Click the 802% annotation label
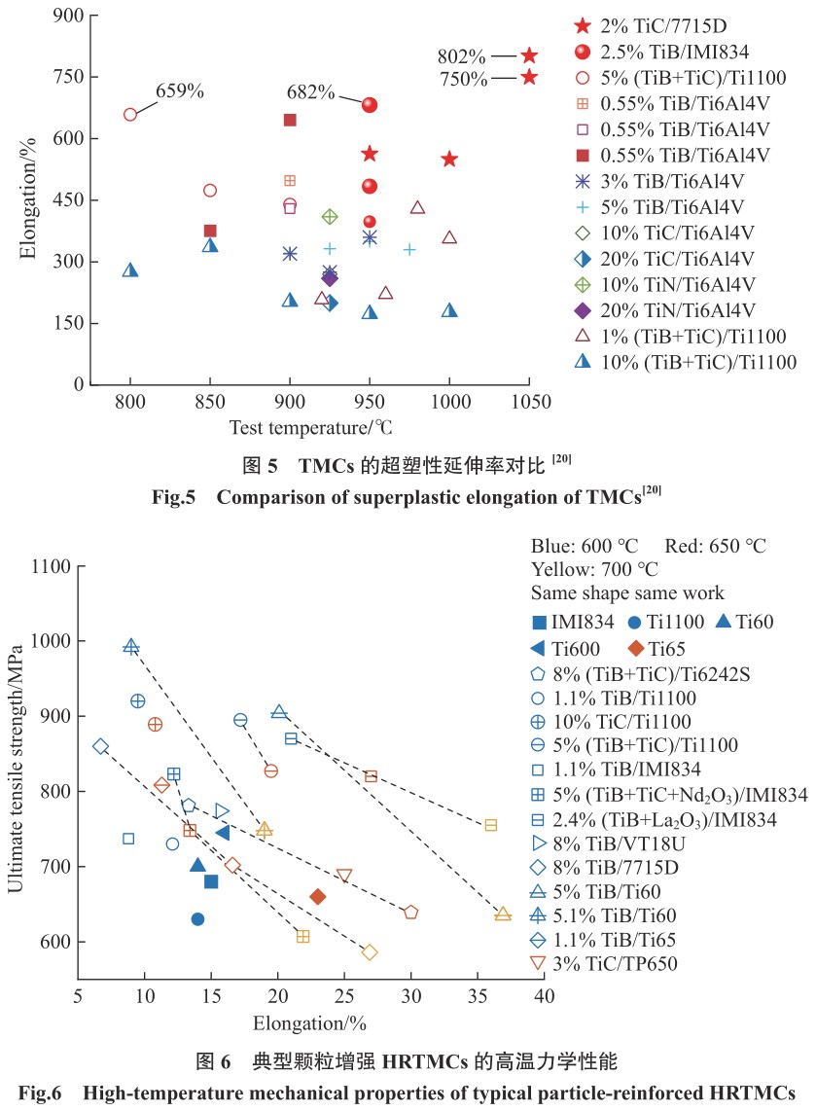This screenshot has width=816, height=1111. (x=462, y=56)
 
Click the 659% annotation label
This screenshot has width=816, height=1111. (x=181, y=91)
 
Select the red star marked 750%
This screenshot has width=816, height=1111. (x=529, y=77)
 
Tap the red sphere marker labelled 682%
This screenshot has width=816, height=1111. (x=370, y=105)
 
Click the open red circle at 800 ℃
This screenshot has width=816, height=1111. (x=130, y=114)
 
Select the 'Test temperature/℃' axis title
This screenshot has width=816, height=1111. (x=311, y=426)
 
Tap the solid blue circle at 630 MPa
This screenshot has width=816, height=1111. (x=197, y=919)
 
